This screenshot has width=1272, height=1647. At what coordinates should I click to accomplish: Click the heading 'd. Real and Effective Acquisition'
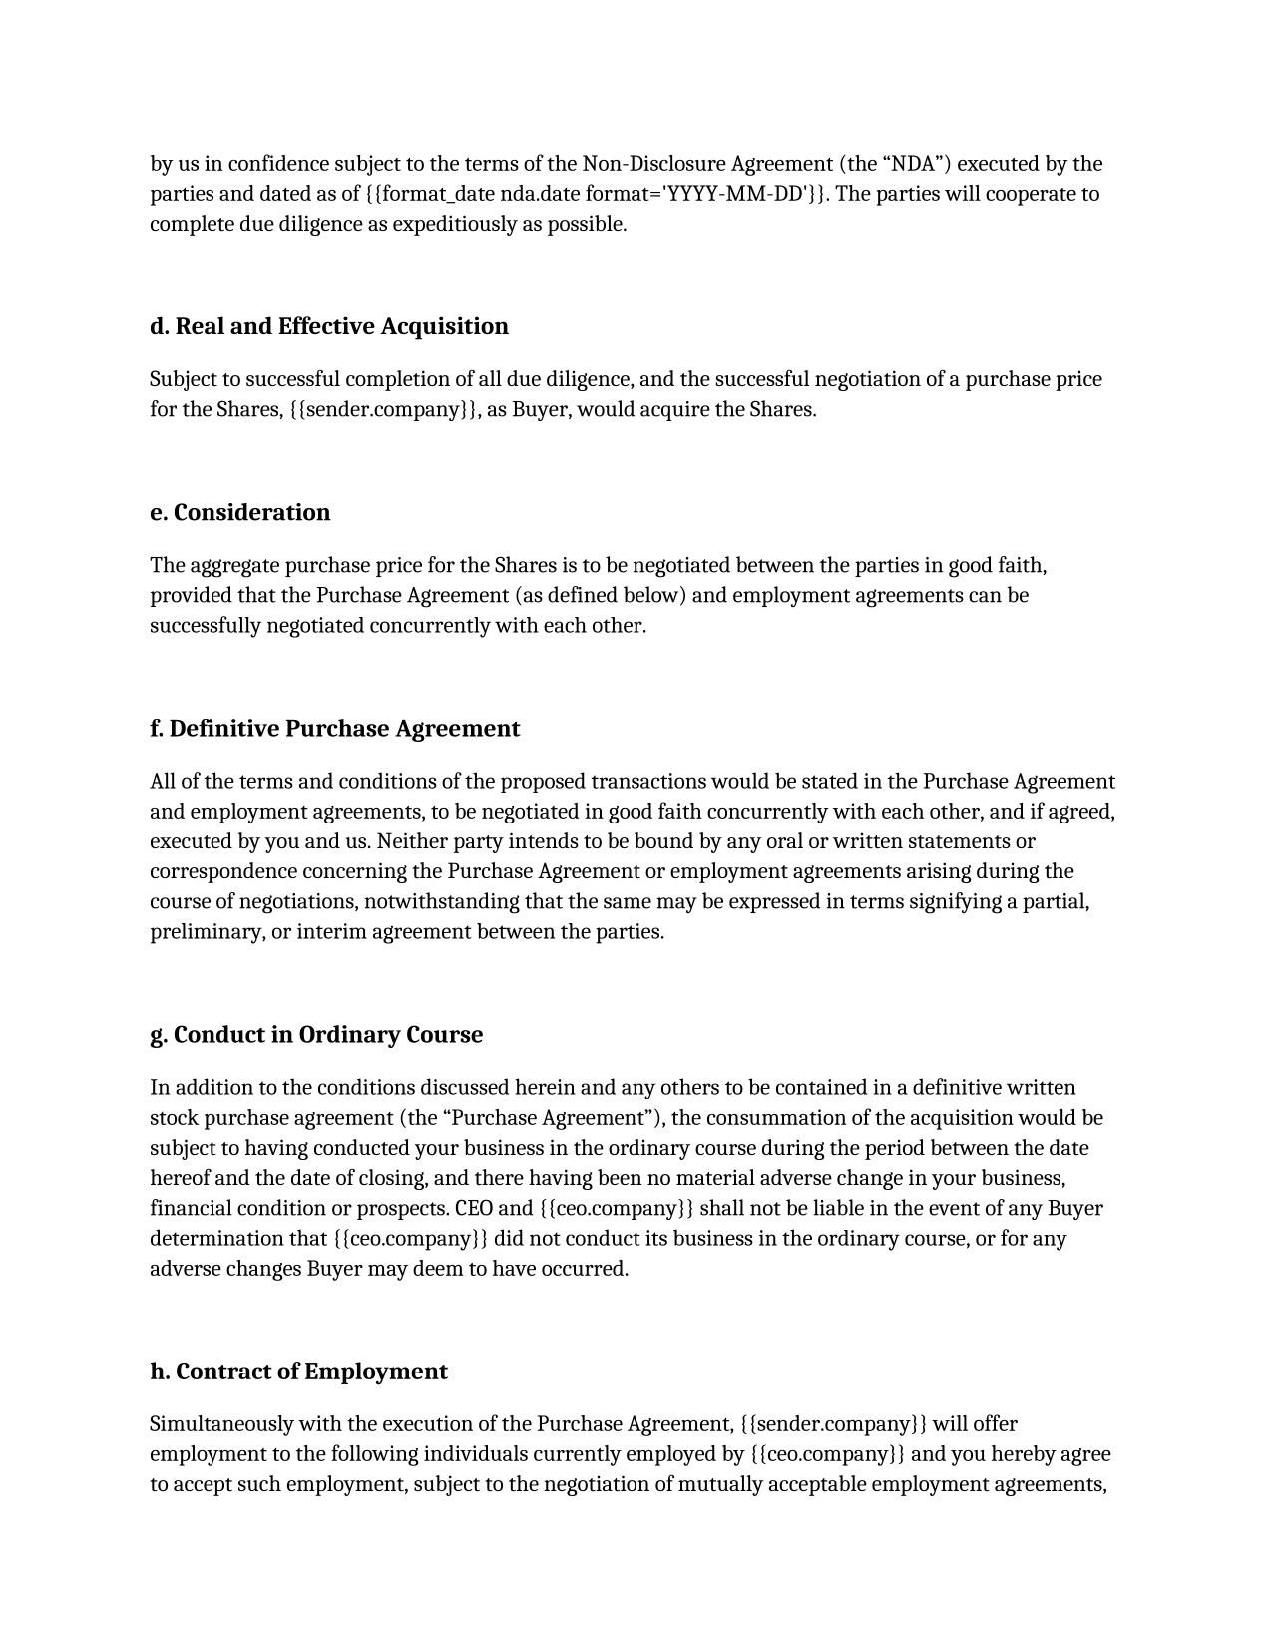pyautogui.click(x=328, y=327)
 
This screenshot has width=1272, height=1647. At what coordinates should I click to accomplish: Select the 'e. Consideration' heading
pyautogui.click(x=239, y=513)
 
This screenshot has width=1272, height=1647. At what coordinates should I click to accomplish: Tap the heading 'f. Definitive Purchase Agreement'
pyautogui.click(x=334, y=729)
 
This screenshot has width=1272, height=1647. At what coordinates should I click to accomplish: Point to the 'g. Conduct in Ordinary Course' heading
pyautogui.click(x=315, y=1035)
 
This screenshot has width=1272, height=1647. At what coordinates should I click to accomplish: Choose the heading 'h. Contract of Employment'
pyautogui.click(x=298, y=1372)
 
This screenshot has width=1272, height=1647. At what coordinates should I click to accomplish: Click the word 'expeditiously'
pyautogui.click(x=455, y=224)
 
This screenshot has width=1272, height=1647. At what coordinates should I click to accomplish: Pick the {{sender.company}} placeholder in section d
pyautogui.click(x=382, y=410)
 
